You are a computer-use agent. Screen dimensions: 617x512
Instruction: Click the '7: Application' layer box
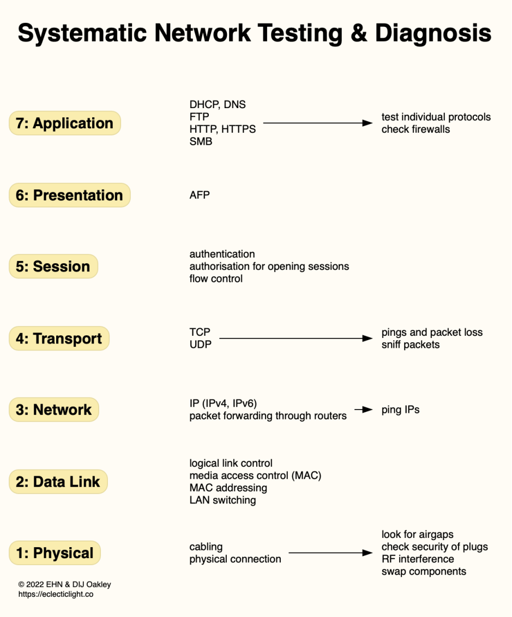click(x=64, y=123)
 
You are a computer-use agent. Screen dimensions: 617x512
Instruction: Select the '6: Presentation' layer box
click(x=69, y=195)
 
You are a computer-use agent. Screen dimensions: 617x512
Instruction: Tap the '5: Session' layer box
click(x=53, y=266)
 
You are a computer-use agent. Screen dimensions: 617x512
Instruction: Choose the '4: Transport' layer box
click(x=59, y=339)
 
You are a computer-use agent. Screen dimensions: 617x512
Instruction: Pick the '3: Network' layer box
click(x=53, y=410)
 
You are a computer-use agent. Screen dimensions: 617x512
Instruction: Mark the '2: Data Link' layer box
click(x=58, y=482)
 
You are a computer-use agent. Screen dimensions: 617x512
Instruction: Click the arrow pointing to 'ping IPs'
click(x=363, y=410)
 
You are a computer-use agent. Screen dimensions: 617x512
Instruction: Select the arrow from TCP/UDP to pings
click(x=295, y=339)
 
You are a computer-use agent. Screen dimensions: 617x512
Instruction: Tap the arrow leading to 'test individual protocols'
click(x=317, y=123)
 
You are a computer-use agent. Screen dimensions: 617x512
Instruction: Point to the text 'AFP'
click(x=200, y=195)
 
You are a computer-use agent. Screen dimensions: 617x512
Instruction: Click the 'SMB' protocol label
click(x=201, y=141)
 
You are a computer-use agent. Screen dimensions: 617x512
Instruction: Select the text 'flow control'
click(x=216, y=278)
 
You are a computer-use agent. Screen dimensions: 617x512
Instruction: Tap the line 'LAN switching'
click(x=222, y=500)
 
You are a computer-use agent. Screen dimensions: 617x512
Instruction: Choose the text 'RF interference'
click(x=418, y=559)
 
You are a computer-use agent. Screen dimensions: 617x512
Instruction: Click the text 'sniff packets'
click(x=410, y=345)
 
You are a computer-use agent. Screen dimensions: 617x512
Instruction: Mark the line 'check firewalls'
click(x=415, y=129)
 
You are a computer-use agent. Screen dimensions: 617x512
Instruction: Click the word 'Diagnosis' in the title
click(x=432, y=33)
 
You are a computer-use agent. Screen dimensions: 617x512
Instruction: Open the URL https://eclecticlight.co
click(x=56, y=594)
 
